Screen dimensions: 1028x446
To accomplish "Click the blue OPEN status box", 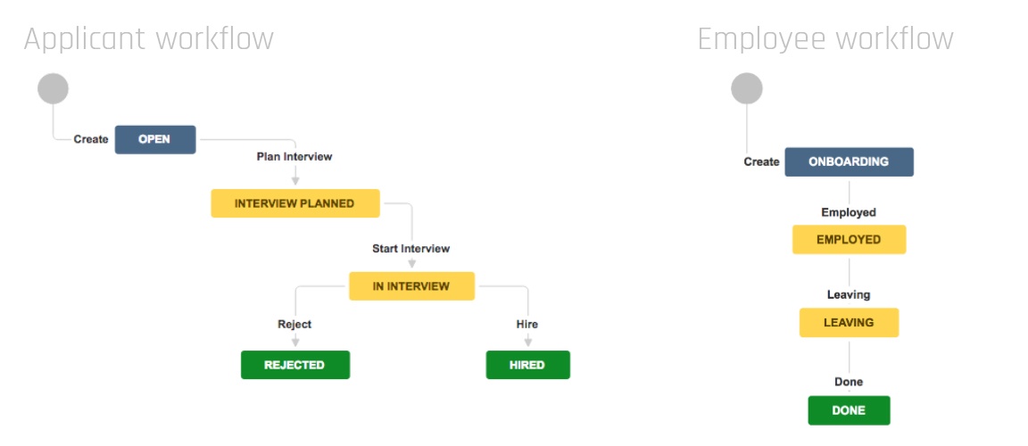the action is [155, 139].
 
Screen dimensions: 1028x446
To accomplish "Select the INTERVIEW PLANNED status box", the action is [295, 203].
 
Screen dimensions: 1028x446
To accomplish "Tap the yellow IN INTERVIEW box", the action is [411, 286].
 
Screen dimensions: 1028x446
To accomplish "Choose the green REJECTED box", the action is [295, 365].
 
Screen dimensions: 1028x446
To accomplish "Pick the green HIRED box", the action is [527, 365].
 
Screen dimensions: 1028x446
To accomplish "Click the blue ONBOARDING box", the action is [849, 161].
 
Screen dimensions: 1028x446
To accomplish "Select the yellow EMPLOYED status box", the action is [849, 240].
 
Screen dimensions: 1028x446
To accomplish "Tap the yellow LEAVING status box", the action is [849, 323].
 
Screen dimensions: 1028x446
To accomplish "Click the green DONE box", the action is [849, 410].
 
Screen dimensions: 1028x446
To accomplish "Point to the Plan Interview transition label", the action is [294, 156].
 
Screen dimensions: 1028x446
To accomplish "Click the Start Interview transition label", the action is [411, 249].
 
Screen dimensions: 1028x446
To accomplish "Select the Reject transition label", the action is [294, 324].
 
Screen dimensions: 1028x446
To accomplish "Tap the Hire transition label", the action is [527, 324].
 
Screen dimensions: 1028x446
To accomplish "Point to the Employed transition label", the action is [849, 212].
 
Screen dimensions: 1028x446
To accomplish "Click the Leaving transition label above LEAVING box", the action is [849, 294].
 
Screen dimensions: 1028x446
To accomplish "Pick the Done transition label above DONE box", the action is [849, 382].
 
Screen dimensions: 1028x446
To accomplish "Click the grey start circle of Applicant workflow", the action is [54, 88].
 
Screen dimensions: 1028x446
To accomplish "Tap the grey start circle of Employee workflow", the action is [747, 88].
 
